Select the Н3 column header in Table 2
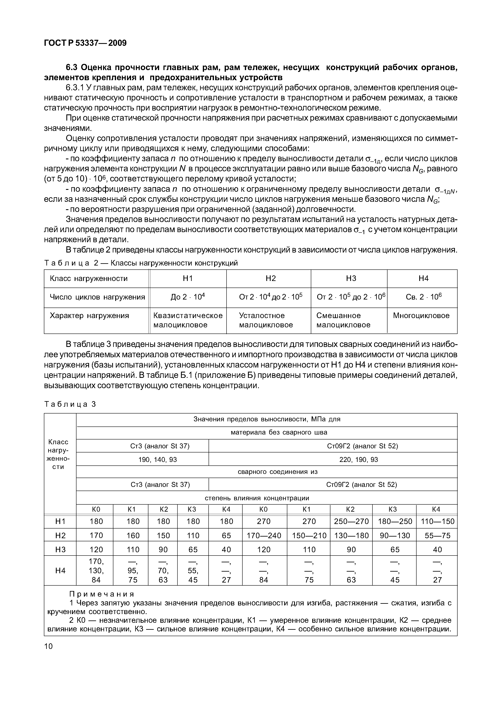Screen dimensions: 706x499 351,278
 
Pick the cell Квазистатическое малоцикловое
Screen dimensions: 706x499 188,320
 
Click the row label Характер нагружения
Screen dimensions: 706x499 89,316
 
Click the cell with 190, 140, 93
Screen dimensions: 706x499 158,459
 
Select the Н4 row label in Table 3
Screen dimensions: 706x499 60,571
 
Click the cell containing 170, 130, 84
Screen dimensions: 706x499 96,571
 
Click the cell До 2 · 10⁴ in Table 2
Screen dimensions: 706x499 188,297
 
